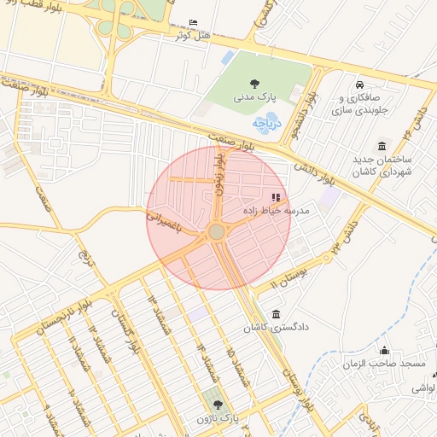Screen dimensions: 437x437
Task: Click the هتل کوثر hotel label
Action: click(192, 36)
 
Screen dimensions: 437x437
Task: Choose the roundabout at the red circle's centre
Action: click(217, 232)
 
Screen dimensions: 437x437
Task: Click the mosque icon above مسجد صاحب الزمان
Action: click(384, 350)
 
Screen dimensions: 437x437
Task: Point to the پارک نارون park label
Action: click(217, 419)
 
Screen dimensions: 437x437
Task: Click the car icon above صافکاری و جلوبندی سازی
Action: click(360, 84)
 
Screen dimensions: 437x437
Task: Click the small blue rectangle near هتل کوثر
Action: click(227, 58)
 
